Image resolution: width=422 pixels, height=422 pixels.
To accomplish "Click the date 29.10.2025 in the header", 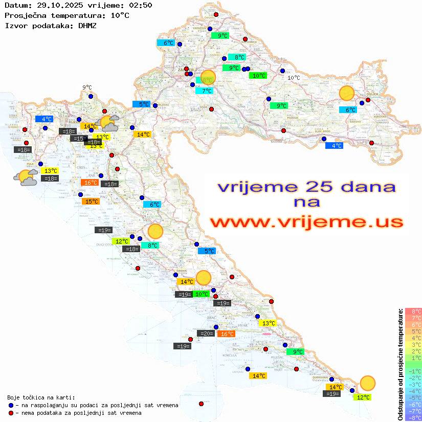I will click(58, 6).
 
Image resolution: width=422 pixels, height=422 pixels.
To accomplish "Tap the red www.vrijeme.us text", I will click(306, 222).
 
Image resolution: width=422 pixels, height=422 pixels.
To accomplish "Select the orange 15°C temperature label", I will click(91, 202).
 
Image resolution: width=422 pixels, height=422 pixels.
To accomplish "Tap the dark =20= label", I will click(206, 334).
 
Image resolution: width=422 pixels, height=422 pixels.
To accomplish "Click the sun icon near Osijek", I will click(347, 94).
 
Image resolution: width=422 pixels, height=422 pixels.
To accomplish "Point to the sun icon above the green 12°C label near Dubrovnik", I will click(367, 383).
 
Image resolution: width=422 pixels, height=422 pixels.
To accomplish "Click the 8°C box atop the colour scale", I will click(413, 312).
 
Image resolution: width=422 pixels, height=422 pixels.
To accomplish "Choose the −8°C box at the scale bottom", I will click(413, 417).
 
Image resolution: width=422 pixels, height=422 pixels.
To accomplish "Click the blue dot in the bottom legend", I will click(11, 405).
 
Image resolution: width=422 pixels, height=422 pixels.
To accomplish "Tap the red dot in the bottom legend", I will click(11, 413).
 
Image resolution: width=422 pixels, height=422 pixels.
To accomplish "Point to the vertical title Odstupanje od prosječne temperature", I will click(400, 365).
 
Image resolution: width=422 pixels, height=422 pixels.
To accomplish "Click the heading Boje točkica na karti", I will click(41, 397).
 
